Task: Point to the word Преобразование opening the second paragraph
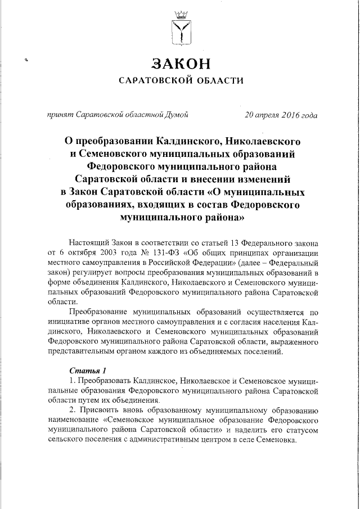(98, 312)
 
